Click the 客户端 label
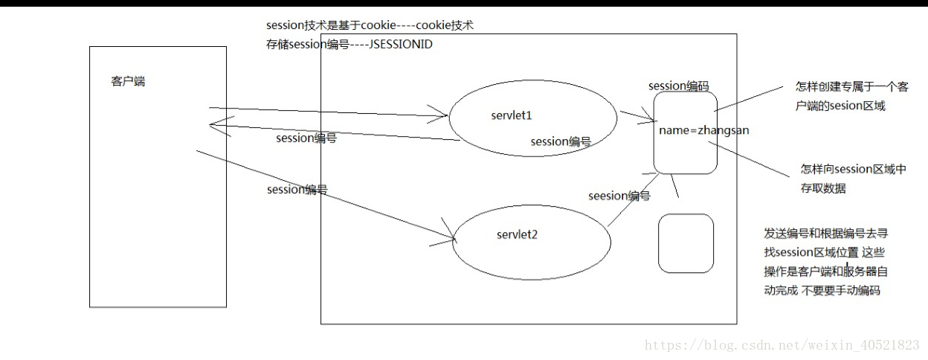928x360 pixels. pyautogui.click(x=128, y=81)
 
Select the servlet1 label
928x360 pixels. pyautogui.click(x=512, y=115)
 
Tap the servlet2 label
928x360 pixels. pyautogui.click(x=517, y=234)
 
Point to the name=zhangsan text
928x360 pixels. pyautogui.click(x=704, y=130)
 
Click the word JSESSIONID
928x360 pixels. pyautogui.click(x=401, y=45)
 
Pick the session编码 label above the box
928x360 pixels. pyautogui.click(x=679, y=86)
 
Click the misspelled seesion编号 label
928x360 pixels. pyautogui.click(x=619, y=196)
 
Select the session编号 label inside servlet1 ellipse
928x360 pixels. pyautogui.click(x=561, y=141)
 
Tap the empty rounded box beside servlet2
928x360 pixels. pyautogui.click(x=686, y=243)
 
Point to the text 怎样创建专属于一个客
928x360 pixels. pyautogui.click(x=851, y=86)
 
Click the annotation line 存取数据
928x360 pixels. pyautogui.click(x=823, y=188)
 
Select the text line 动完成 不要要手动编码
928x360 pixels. pyautogui.click(x=822, y=290)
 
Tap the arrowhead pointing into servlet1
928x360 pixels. pyautogui.click(x=447, y=115)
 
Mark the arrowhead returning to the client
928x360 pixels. pyautogui.click(x=210, y=124)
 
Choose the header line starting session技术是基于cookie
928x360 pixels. pyautogui.click(x=370, y=25)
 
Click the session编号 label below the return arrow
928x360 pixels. pyautogui.click(x=306, y=138)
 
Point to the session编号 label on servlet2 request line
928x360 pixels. pyautogui.click(x=297, y=190)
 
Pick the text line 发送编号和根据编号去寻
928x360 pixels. pyautogui.click(x=826, y=234)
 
